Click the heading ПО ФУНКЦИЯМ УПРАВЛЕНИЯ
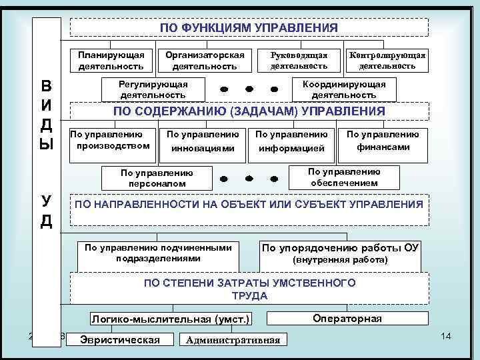249,27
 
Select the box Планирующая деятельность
111,60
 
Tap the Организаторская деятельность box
205,60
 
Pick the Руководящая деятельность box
299,60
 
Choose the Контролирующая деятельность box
387,60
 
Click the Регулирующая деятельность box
153,89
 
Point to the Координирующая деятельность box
344,89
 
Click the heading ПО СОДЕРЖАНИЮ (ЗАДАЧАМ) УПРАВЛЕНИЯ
249,111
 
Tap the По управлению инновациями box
203,141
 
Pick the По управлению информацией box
291,141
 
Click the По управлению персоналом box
157,177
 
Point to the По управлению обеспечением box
343,177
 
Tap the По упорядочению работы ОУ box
341,253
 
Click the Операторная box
347,319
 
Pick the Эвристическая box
119,339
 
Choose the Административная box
234,340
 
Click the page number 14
446,334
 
